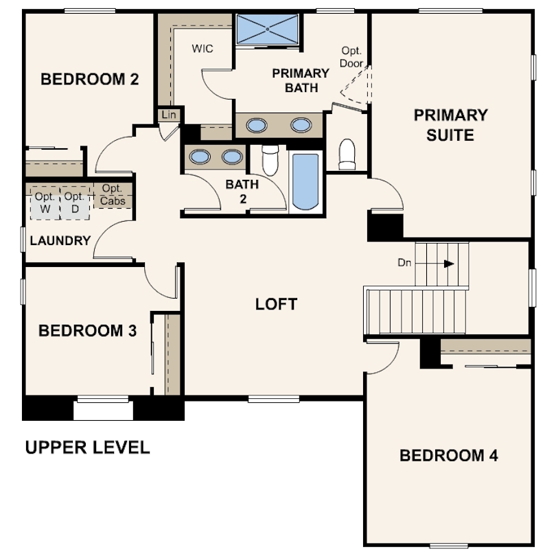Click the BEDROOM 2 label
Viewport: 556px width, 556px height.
[90, 79]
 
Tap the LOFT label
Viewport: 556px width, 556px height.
[276, 304]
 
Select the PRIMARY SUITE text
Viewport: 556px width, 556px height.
[451, 125]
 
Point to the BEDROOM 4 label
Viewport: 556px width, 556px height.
[449, 455]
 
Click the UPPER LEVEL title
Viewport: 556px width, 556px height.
[88, 448]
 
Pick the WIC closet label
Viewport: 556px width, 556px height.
[202, 49]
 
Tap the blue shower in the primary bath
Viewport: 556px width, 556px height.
[268, 29]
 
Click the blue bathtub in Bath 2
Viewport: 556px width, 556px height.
[305, 182]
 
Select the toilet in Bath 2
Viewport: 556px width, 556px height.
[270, 160]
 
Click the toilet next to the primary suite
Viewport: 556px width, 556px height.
[347, 154]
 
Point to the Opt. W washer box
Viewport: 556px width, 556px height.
[45, 203]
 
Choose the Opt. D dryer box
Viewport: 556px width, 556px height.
[75, 203]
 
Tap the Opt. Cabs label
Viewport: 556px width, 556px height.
[113, 195]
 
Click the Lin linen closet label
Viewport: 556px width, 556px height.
[169, 115]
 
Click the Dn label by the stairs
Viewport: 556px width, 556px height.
[404, 263]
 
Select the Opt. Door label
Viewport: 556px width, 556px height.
[351, 57]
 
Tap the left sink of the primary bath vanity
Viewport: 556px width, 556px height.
[257, 125]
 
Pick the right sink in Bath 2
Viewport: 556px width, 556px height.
[232, 157]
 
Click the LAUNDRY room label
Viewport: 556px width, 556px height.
[60, 241]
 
